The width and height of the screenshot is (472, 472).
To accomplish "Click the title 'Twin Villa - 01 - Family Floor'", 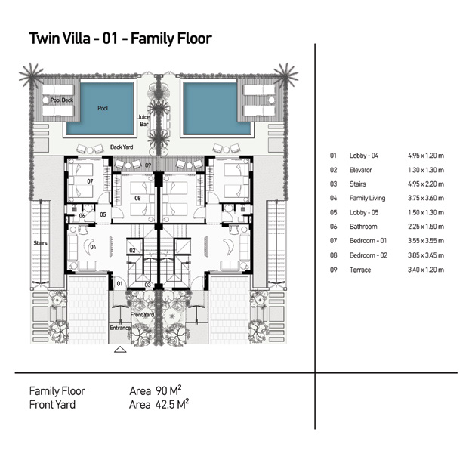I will [x=119, y=38].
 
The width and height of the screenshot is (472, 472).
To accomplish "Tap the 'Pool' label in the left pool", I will [x=103, y=109].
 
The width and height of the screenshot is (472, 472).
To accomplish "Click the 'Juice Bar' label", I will [x=144, y=122].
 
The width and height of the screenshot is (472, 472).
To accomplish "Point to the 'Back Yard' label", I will [x=121, y=147].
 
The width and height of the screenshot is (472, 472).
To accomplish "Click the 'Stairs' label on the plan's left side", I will [x=41, y=243].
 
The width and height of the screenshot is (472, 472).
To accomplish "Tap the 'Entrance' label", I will [x=120, y=328].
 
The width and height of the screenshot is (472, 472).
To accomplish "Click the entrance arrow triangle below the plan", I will [x=119, y=350].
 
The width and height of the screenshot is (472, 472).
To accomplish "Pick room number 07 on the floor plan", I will [x=89, y=181].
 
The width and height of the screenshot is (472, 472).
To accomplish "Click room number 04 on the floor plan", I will [x=93, y=246].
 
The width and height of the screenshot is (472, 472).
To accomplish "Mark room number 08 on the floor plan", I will [x=137, y=199].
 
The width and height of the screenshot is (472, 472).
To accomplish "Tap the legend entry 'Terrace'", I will [x=360, y=270].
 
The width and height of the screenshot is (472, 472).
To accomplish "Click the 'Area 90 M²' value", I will [x=156, y=390].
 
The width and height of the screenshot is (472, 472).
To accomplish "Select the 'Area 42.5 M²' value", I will [x=159, y=404].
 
